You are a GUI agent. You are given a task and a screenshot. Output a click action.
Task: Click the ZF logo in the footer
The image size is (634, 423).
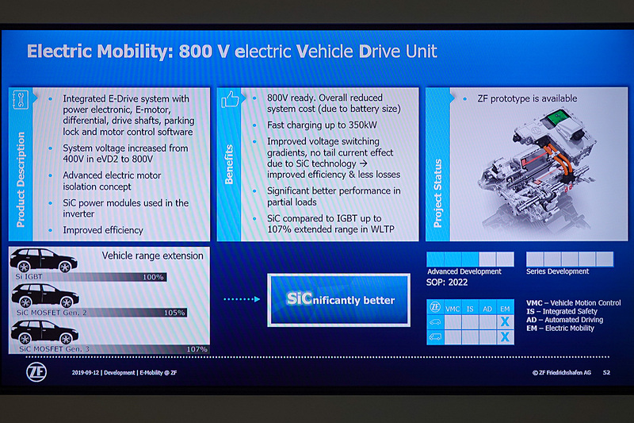point(34,371)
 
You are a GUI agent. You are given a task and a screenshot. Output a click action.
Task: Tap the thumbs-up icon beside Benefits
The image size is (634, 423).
point(230,100)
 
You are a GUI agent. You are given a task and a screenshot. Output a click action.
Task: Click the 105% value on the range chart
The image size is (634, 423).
point(174,313)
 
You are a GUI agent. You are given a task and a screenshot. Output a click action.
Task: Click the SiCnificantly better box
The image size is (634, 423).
point(340,300)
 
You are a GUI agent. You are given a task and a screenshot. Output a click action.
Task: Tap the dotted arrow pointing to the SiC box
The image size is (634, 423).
point(241,299)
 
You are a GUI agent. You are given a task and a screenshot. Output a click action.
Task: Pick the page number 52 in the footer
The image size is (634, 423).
point(606,371)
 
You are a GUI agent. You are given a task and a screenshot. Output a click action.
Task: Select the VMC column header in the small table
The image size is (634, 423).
point(453,308)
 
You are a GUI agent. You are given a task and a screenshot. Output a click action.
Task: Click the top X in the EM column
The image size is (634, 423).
point(505,321)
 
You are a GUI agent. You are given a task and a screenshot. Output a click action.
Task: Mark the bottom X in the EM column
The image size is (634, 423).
point(505,336)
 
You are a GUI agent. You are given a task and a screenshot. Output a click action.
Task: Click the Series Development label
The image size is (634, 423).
point(558,271)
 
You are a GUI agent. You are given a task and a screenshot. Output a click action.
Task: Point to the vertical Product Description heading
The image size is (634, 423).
point(21,179)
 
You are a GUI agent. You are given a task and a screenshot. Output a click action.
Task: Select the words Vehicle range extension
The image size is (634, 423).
point(152,256)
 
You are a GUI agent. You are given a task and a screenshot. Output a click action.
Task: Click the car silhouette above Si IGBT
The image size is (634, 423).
point(43,261)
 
